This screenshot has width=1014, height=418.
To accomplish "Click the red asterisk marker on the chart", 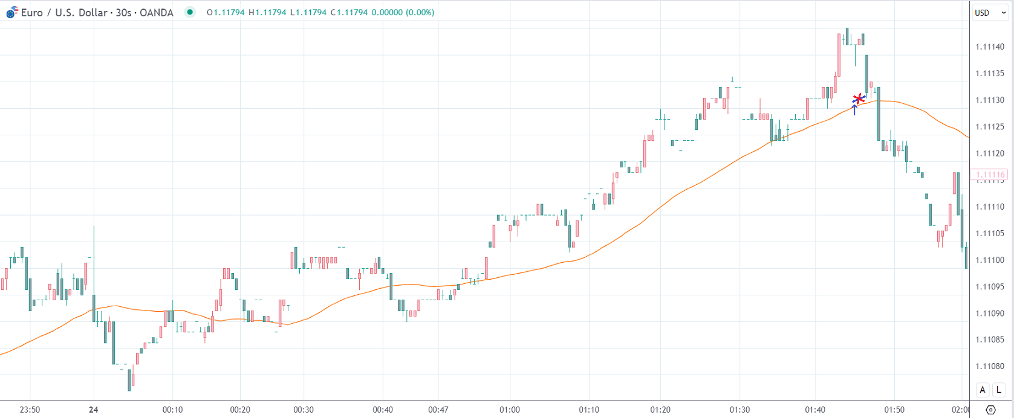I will [x=859, y=99].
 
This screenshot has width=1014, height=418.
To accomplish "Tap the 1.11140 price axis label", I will [x=990, y=47].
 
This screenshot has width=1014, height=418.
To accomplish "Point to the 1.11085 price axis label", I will [x=990, y=340].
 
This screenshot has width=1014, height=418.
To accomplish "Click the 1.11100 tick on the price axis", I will [x=990, y=260].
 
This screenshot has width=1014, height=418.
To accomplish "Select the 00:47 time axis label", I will [x=438, y=410].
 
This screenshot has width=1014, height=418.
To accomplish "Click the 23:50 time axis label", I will [x=30, y=410].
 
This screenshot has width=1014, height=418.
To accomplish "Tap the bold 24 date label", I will [x=93, y=410].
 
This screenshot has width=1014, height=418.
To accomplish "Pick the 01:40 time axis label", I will [x=815, y=410].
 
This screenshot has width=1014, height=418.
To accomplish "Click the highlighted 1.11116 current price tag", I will [x=989, y=175].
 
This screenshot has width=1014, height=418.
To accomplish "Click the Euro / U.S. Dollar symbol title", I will [x=97, y=13].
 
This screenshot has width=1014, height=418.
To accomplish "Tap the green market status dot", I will [x=190, y=12].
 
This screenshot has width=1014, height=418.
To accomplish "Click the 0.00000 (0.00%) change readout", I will [x=402, y=12].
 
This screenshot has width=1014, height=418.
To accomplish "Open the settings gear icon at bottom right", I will [x=990, y=410].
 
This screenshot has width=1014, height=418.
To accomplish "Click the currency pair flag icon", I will [x=12, y=12].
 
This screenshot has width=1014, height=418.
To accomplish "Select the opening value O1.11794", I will [x=225, y=12].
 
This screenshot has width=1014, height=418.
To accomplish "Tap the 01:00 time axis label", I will [x=510, y=410].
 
